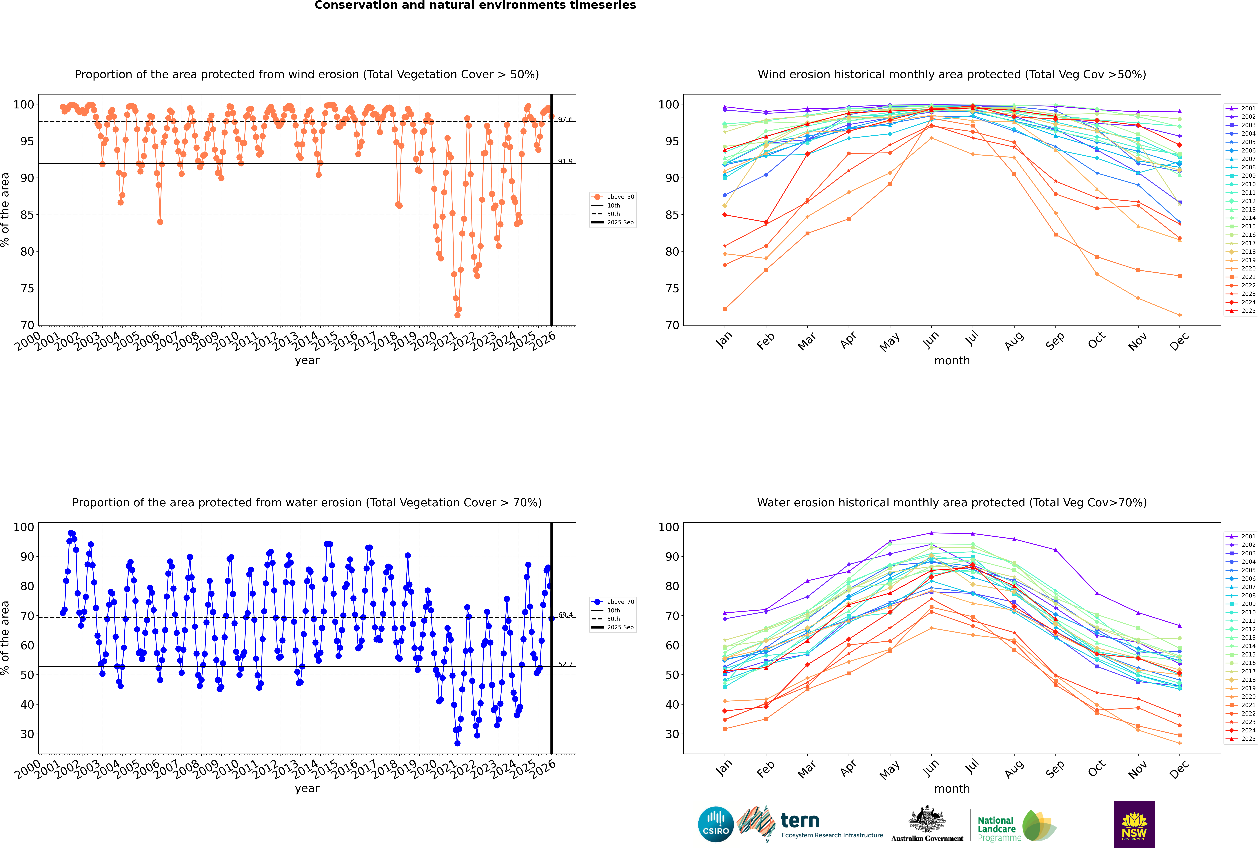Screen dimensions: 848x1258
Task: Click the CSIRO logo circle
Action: tap(716, 824)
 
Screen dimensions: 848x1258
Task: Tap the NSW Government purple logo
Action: tap(1134, 824)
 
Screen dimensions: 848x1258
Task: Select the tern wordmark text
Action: tap(800, 821)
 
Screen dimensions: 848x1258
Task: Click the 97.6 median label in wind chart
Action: tap(565, 119)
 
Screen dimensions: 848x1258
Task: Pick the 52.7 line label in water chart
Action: tap(565, 664)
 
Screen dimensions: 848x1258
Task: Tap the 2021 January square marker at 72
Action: tap(725, 309)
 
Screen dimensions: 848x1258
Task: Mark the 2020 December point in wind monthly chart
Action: tap(1180, 315)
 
